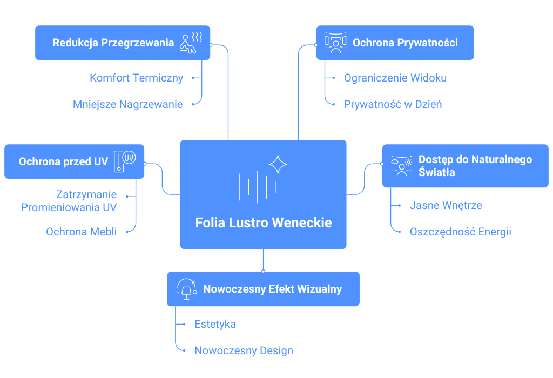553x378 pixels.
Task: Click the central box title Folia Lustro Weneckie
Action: (264, 222)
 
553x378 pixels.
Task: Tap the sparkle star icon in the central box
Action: (278, 164)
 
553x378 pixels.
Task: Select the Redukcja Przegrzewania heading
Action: (113, 43)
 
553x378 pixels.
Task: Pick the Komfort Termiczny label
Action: (137, 78)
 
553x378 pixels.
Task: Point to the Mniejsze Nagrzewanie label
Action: (128, 104)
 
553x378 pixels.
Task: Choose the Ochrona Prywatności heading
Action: (405, 43)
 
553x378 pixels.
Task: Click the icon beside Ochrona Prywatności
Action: (335, 43)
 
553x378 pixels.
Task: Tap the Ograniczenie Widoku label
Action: (395, 78)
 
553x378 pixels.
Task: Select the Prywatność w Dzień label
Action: (393, 104)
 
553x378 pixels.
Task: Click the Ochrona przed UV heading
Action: (64, 161)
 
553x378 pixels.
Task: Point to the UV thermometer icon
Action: (124, 161)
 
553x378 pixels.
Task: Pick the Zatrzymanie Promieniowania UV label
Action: (69, 200)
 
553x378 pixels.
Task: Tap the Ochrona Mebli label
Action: (82, 232)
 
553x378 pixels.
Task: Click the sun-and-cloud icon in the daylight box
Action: (401, 165)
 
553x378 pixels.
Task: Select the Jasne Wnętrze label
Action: (446, 205)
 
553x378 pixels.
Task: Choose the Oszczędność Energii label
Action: (461, 232)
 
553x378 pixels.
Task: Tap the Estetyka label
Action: (215, 324)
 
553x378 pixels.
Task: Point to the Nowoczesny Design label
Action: (244, 350)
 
